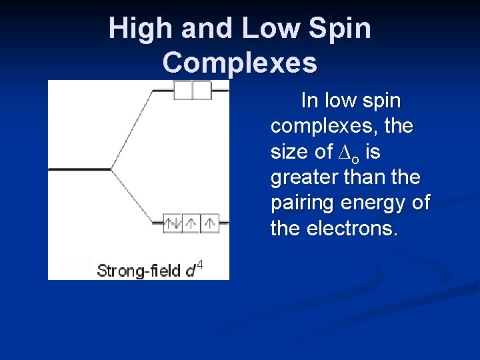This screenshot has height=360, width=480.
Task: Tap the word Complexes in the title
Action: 239,63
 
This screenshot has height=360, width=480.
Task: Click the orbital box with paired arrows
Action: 173,223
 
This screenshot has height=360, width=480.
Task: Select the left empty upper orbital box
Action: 183,90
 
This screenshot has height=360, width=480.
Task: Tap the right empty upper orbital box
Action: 202,90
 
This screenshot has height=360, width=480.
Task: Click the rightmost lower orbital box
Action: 210,223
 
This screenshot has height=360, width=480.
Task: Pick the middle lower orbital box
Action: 191,223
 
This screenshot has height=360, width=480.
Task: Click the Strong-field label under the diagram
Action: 139,271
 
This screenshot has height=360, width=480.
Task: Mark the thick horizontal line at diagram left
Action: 79,169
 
